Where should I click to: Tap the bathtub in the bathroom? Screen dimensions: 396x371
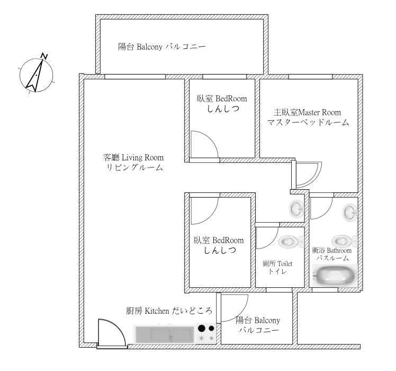pyautogui.click(x=335, y=276)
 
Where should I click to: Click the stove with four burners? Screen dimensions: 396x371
pyautogui.click(x=206, y=333)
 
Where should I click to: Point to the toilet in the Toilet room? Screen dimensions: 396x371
pyautogui.click(x=291, y=242)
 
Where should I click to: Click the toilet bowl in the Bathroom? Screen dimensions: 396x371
pyautogui.click(x=345, y=241)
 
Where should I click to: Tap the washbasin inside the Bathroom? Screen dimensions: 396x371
pyautogui.click(x=350, y=213)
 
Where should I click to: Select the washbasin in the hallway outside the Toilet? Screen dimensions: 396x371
pyautogui.click(x=296, y=209)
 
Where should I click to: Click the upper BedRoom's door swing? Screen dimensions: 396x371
pyautogui.click(x=204, y=144)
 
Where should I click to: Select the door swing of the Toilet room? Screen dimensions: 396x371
pyautogui.click(x=267, y=238)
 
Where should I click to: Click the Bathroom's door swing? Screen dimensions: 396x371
pyautogui.click(x=321, y=208)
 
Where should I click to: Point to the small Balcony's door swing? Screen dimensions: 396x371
pyautogui.click(x=235, y=308)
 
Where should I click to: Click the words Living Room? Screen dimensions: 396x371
pyautogui.click(x=143, y=158)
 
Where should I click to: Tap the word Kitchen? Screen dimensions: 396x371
pyautogui.click(x=157, y=311)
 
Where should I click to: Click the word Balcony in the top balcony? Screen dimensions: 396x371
pyautogui.click(x=149, y=47)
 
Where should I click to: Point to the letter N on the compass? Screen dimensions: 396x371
pyautogui.click(x=44, y=56)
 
